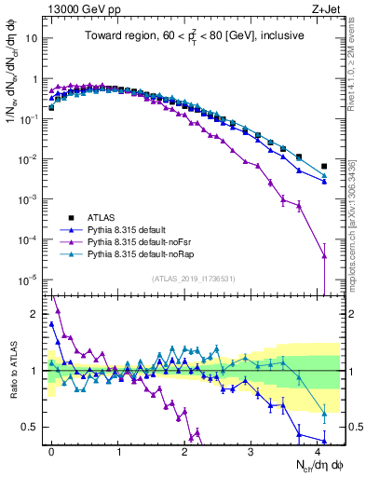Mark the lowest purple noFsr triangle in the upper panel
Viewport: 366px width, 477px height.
click(324, 255)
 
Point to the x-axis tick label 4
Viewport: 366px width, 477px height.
click(317, 450)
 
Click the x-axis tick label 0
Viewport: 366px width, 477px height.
click(51, 450)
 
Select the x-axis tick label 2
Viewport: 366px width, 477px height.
click(184, 450)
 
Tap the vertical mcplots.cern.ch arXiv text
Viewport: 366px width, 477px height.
click(358, 214)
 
